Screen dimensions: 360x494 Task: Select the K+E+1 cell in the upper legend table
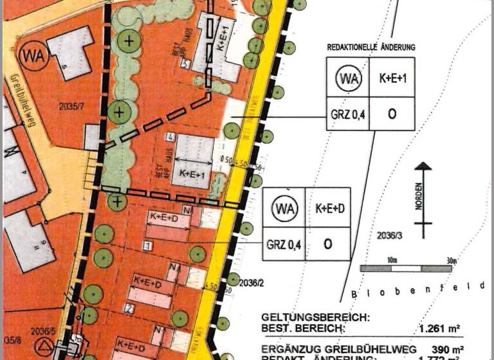pyautogui.click(x=391, y=78)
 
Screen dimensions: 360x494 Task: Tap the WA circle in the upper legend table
pyautogui.click(x=348, y=78)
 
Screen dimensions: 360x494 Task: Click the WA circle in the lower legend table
pyautogui.click(x=284, y=208)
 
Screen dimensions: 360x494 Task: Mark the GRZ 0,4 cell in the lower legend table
pyautogui.click(x=284, y=244)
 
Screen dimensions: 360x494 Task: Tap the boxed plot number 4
pyautogui.click(x=171, y=136)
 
